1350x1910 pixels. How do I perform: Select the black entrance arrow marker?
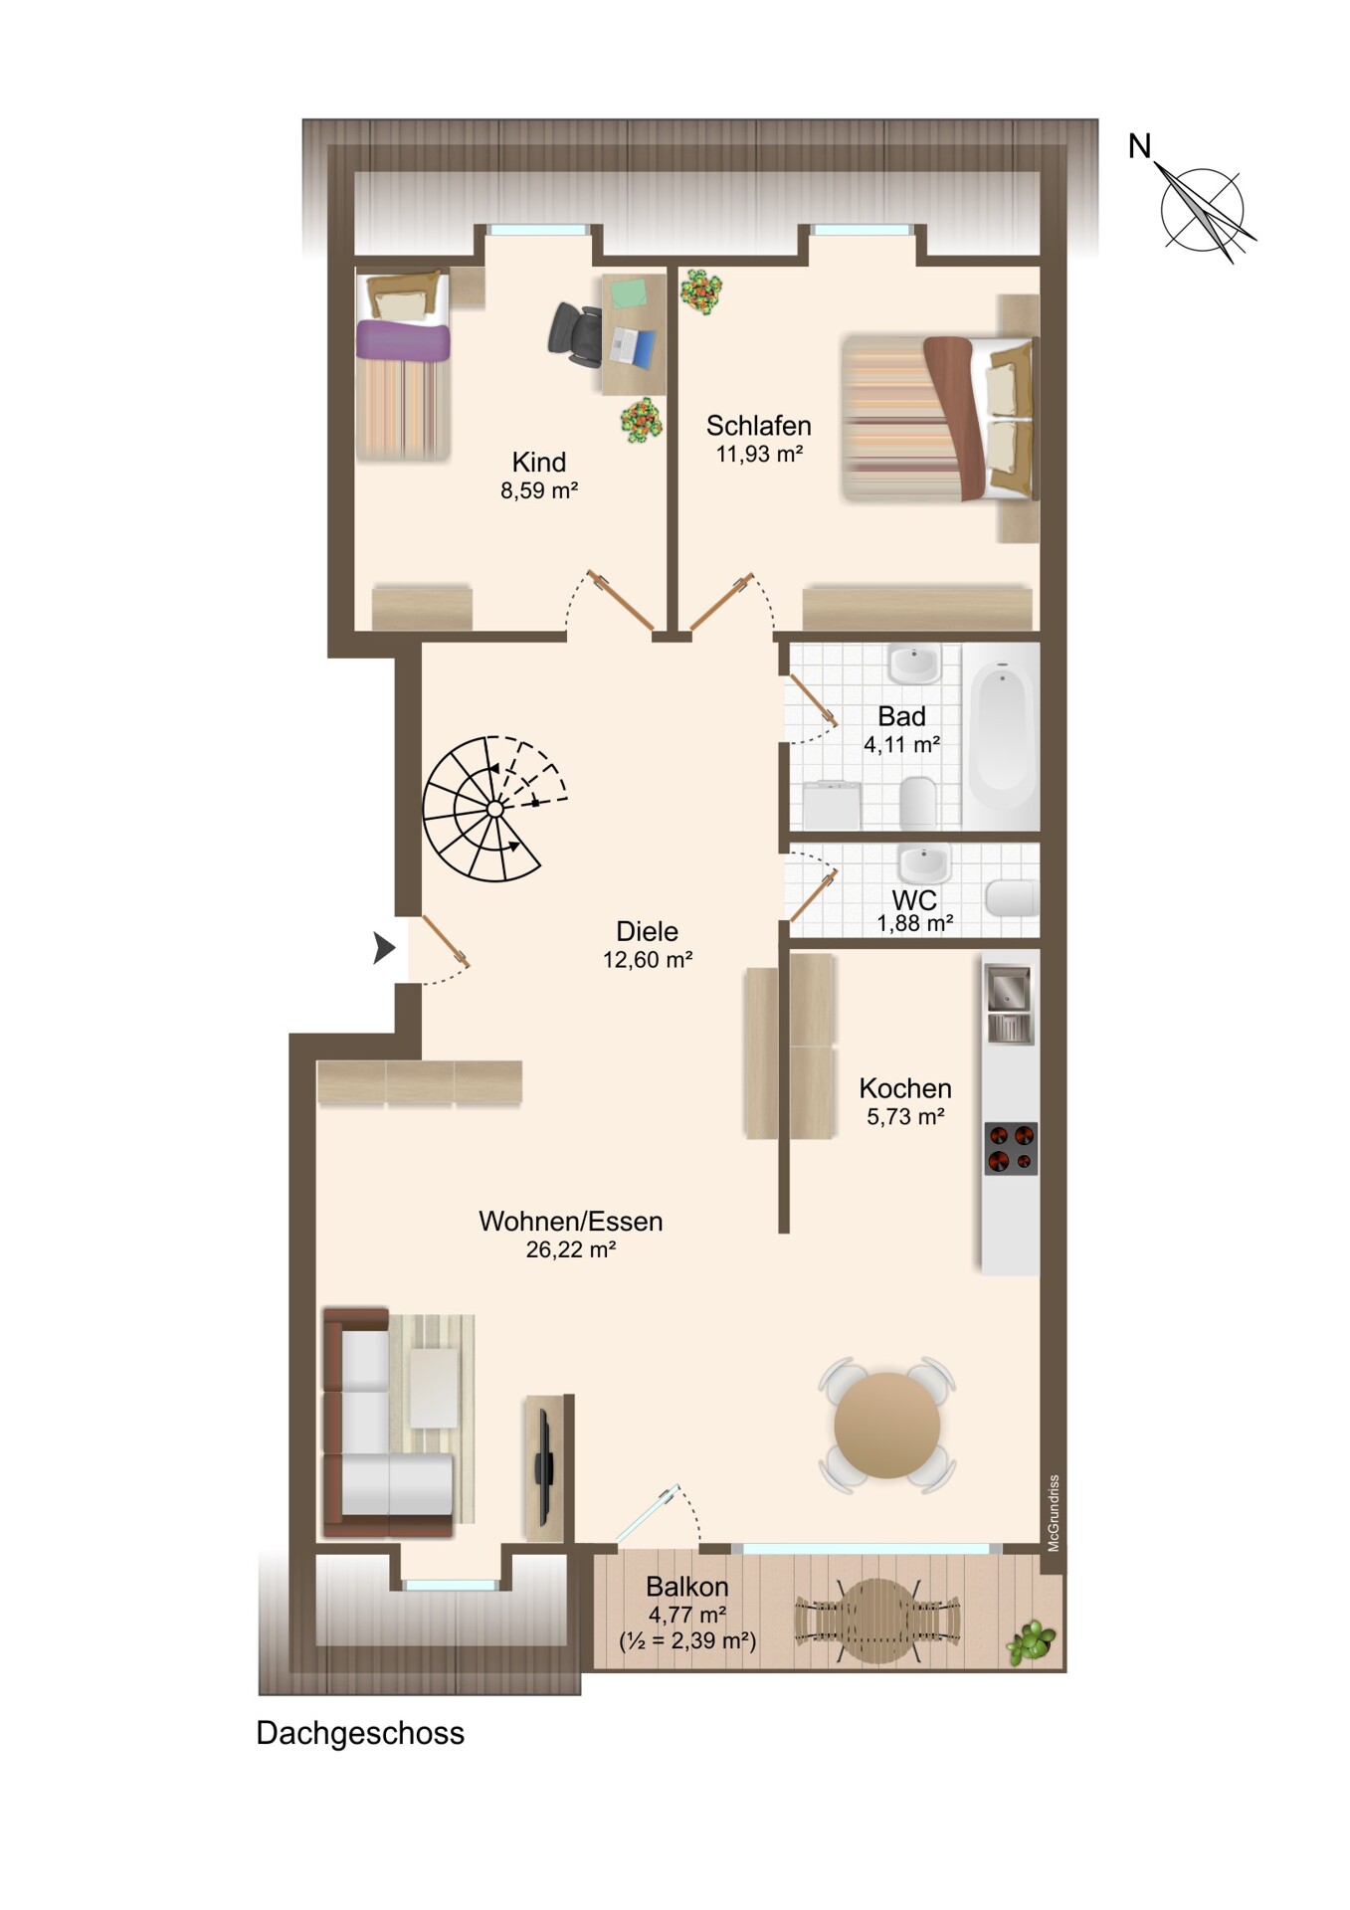[384, 948]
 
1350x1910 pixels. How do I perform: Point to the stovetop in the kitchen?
[1011, 1148]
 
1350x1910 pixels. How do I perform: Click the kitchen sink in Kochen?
[1009, 1003]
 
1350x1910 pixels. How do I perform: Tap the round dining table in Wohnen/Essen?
[886, 1425]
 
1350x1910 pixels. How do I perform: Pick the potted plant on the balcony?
[1031, 1642]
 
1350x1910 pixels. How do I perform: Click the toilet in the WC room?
[1012, 897]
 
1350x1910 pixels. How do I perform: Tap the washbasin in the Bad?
[914, 663]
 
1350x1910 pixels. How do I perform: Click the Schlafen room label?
[758, 426]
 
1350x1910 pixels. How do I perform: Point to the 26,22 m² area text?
[571, 1249]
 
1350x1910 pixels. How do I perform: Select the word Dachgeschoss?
[360, 1733]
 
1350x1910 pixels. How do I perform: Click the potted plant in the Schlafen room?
[700, 290]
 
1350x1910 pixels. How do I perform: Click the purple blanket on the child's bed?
[403, 340]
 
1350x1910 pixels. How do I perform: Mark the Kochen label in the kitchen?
[905, 1088]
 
